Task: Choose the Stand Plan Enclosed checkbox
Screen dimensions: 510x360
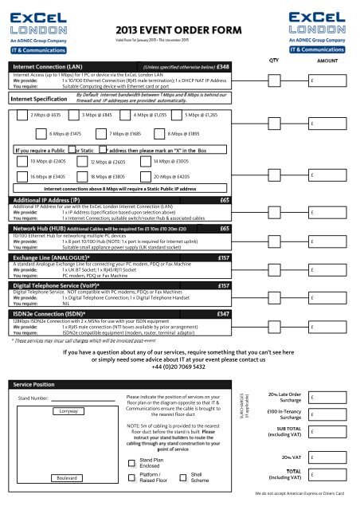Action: click(132, 440)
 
